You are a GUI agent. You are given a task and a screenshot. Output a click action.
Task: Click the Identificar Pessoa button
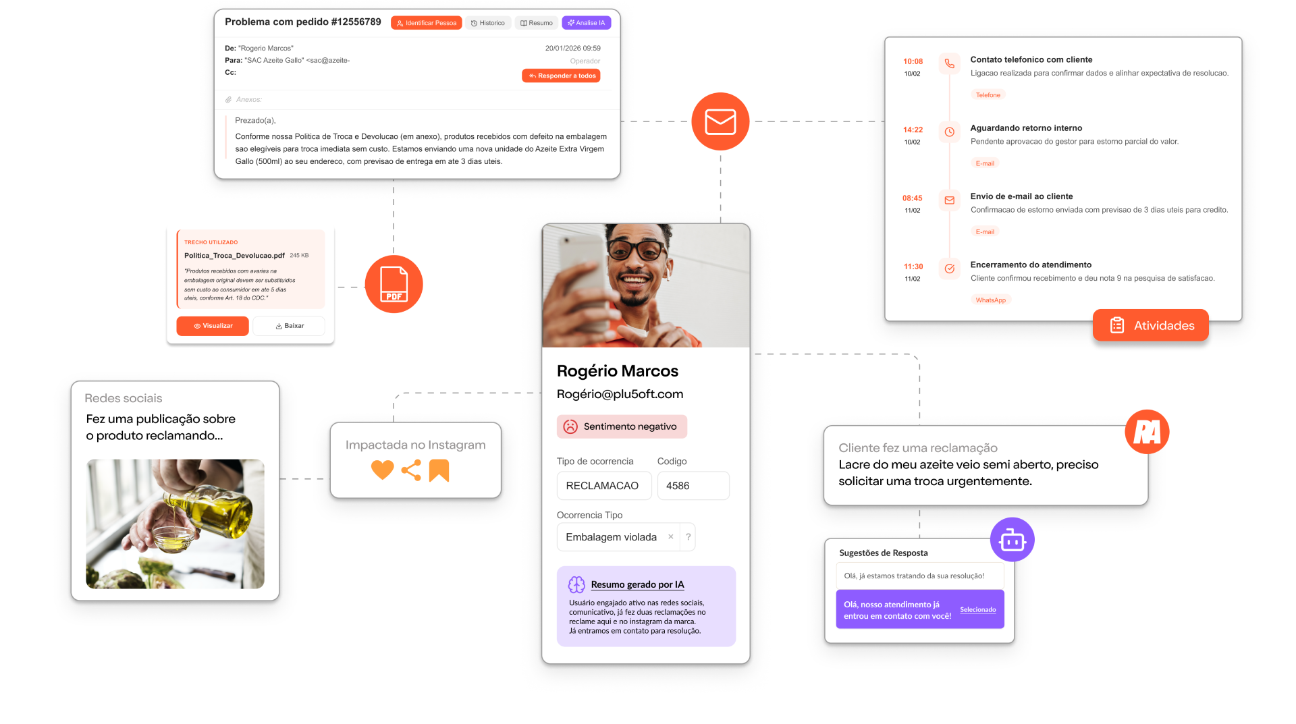point(426,23)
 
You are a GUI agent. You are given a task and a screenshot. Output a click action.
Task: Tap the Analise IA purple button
point(586,23)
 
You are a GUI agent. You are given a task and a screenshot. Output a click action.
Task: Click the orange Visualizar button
point(213,326)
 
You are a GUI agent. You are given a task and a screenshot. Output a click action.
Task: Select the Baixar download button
point(290,326)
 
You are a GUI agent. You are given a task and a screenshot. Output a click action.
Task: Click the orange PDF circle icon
point(394,284)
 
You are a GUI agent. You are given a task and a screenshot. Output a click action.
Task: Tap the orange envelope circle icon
point(720,121)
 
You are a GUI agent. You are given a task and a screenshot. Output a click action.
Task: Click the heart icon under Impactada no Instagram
point(382,470)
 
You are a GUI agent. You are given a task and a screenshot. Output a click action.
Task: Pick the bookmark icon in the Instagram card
point(439,470)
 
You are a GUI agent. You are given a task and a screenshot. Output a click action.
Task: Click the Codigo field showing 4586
point(693,486)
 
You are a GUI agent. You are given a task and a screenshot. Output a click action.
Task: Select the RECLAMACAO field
point(603,486)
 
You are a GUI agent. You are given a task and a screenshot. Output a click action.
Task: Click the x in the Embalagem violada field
point(670,537)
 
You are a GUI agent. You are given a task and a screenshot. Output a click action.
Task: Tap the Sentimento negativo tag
point(622,426)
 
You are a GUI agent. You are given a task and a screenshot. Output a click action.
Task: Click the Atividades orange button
point(1150,326)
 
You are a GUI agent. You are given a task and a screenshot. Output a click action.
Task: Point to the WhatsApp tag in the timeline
point(990,300)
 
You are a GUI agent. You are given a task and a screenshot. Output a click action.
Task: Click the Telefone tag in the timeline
point(988,95)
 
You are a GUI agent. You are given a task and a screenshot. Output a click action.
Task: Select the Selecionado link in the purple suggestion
point(977,610)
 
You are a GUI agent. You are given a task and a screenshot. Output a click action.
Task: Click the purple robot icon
point(1012,540)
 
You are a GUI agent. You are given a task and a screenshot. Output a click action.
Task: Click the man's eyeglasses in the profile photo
point(634,251)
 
